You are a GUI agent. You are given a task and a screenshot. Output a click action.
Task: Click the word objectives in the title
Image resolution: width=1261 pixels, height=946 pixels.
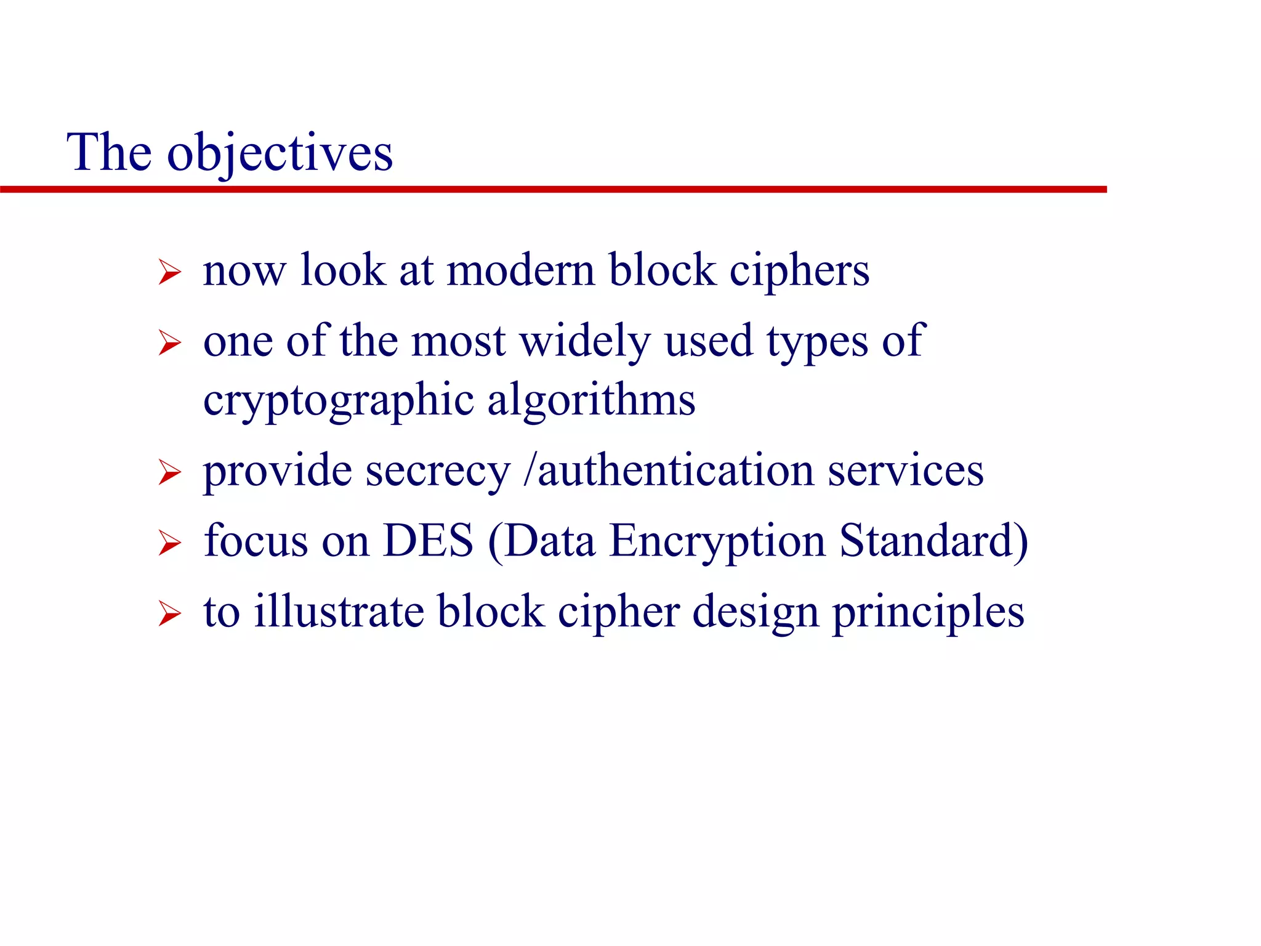[x=280, y=154]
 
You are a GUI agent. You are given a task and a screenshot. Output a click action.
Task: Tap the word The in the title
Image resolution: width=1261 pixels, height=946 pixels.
[x=109, y=152]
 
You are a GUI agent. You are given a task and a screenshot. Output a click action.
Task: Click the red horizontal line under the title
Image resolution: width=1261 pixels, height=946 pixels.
[x=554, y=190]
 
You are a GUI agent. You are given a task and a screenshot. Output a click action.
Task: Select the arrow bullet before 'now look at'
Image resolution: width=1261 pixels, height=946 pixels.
[x=169, y=272]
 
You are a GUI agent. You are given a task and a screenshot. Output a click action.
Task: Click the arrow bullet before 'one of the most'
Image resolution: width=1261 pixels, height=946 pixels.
[x=169, y=342]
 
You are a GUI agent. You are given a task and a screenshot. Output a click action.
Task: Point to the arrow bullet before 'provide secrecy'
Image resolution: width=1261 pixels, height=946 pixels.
[x=169, y=472]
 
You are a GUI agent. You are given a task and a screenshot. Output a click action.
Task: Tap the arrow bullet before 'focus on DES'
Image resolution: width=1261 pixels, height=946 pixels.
[x=169, y=543]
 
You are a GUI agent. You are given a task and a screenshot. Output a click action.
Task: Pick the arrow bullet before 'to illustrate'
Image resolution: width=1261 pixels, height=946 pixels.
[x=169, y=613]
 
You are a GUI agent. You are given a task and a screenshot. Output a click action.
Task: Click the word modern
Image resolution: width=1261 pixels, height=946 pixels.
[x=521, y=271]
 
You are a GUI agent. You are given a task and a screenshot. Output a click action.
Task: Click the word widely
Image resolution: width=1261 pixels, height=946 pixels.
[x=585, y=342]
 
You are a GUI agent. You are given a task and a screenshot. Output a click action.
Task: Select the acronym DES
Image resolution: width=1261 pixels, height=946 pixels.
[x=428, y=541]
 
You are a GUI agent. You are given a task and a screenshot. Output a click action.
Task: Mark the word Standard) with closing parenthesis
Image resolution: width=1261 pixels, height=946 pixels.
[x=933, y=541]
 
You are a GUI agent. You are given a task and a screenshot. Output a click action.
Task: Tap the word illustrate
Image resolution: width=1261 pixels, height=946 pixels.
[x=339, y=612]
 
